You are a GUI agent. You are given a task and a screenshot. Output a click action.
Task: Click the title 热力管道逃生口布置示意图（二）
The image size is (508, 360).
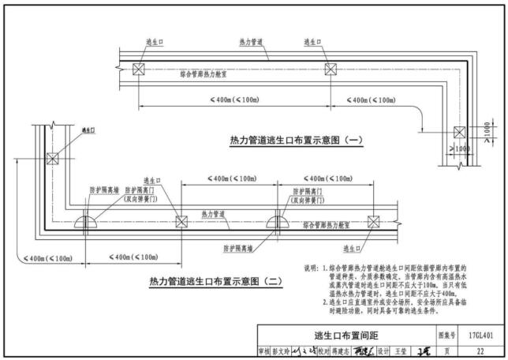tap(204, 280)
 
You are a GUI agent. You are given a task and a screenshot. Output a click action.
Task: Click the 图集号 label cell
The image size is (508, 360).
tap(447, 336)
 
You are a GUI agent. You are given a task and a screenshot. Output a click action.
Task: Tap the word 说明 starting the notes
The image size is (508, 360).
tap(310, 269)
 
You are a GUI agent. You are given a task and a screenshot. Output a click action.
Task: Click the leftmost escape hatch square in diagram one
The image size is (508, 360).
tap(138, 69)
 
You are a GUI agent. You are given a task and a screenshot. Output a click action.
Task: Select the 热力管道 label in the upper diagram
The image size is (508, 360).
tap(252, 42)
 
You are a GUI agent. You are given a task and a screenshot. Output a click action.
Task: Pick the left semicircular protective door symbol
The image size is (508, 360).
tap(87, 222)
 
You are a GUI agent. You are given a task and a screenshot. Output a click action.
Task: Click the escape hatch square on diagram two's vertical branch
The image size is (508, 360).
tap(53, 158)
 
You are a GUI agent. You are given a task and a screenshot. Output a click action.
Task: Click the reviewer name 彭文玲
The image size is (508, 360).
tap(282, 351)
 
